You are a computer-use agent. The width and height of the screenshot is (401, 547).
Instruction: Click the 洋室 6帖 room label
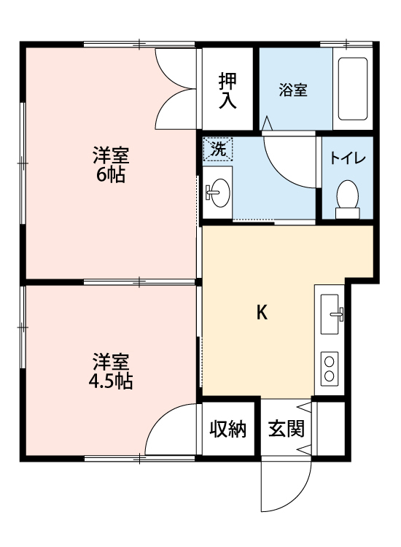coord(110,165)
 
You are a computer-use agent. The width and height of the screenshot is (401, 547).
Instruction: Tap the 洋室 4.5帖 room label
coord(111,371)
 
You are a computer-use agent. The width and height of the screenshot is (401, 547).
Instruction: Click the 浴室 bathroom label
coord(293,90)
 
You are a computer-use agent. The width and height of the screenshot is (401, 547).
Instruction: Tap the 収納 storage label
coord(228,429)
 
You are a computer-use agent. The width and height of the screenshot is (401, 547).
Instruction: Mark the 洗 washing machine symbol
coord(217,150)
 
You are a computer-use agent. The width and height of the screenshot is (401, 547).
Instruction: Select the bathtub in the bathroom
coord(353,90)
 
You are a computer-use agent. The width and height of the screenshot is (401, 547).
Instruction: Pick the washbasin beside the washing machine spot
coord(217,193)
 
